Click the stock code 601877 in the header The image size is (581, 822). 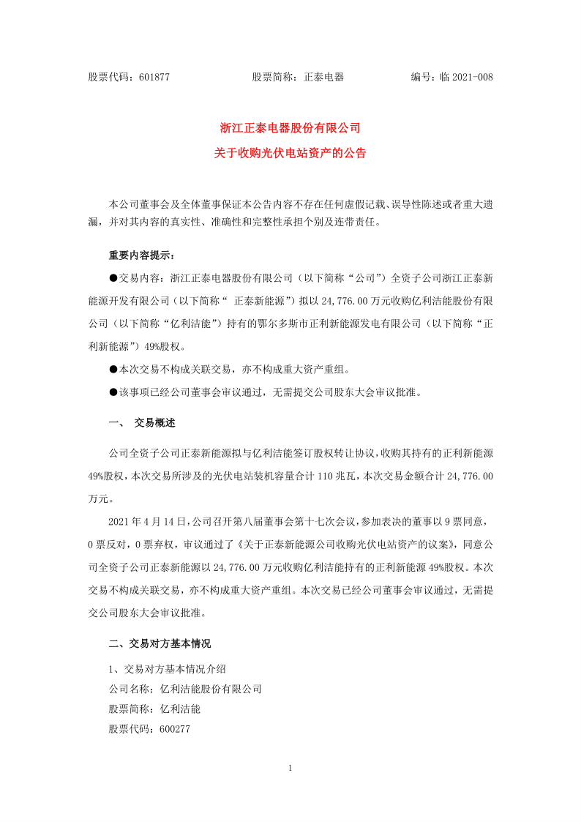[x=154, y=77]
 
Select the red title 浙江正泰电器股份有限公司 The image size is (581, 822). [x=290, y=127]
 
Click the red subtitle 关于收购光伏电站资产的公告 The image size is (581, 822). [x=290, y=154]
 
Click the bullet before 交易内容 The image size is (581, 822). [x=113, y=277]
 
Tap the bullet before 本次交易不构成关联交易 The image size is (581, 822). [x=113, y=370]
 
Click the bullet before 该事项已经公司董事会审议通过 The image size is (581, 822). [x=113, y=392]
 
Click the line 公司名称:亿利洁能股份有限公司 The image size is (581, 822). [x=185, y=689]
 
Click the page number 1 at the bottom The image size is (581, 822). [x=290, y=768]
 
